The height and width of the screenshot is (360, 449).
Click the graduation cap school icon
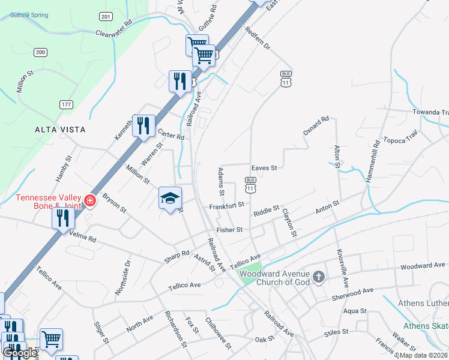pos(170,197)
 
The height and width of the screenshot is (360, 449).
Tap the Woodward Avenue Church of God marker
pos(319,277)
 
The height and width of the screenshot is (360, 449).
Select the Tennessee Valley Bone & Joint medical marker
pos(90,200)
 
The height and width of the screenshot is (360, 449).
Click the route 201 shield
pos(106,16)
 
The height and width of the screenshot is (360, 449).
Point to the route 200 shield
pos(41,52)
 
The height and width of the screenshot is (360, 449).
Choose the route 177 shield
pos(66,104)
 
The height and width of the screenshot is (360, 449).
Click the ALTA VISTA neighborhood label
pos(60,129)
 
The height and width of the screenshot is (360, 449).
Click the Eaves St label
pos(264,168)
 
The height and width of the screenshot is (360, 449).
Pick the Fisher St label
pos(229,229)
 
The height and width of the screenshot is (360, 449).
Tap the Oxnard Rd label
pos(316,125)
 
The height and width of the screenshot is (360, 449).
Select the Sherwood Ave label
pos(352,293)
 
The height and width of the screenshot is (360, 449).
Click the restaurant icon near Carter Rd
pos(143,125)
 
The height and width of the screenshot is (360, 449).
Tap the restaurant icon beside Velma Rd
pos(63,218)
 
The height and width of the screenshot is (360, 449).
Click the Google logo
pos(20,353)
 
